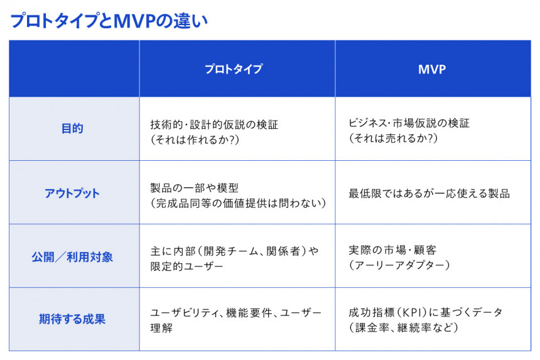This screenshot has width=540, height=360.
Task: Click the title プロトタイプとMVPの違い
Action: pyautogui.click(x=109, y=21)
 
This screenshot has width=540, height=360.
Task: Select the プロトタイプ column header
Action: pyautogui.click(x=234, y=69)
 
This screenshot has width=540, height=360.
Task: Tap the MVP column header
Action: pyautogui.click(x=432, y=69)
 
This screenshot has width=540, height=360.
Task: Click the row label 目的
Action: pyautogui.click(x=72, y=129)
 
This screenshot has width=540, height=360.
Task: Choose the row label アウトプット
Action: pyautogui.click(x=72, y=194)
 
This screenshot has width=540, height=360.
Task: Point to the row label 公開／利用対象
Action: pyautogui.click(x=72, y=257)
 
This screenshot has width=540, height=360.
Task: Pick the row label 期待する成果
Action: pyautogui.click(x=72, y=319)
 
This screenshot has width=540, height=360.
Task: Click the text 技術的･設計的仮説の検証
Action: pyautogui.click(x=214, y=124)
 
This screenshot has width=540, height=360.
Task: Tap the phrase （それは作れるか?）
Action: pyautogui.click(x=195, y=139)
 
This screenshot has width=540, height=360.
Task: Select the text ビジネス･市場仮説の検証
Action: pyautogui.click(x=409, y=123)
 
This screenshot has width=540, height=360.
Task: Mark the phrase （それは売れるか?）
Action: pyautogui.click(x=393, y=138)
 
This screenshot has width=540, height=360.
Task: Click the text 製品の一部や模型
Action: pyautogui.click(x=194, y=188)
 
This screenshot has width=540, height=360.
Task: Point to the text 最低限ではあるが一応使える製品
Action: pyautogui.click(x=429, y=194)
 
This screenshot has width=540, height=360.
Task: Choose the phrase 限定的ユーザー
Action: pyautogui.click(x=186, y=266)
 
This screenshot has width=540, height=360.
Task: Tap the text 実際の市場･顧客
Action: pyautogui.click(x=392, y=250)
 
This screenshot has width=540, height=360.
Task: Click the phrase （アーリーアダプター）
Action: pyautogui.click(x=399, y=265)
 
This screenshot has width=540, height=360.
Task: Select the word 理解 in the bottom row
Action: pyautogui.click(x=161, y=327)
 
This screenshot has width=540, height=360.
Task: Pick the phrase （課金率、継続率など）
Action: pyautogui.click(x=403, y=327)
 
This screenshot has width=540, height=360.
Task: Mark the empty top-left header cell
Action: pyautogui.click(x=74, y=68)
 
